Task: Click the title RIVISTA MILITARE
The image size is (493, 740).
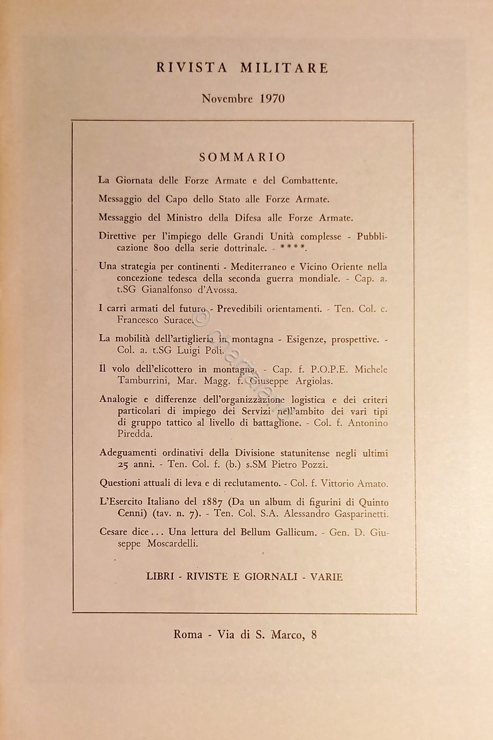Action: pyautogui.click(x=242, y=68)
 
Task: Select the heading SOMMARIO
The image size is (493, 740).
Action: pyautogui.click(x=242, y=157)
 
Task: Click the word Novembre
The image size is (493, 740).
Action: pyautogui.click(x=227, y=98)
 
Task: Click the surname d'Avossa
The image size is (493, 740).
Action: pyautogui.click(x=216, y=290)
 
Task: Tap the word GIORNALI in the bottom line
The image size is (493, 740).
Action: pyautogui.click(x=266, y=576)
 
